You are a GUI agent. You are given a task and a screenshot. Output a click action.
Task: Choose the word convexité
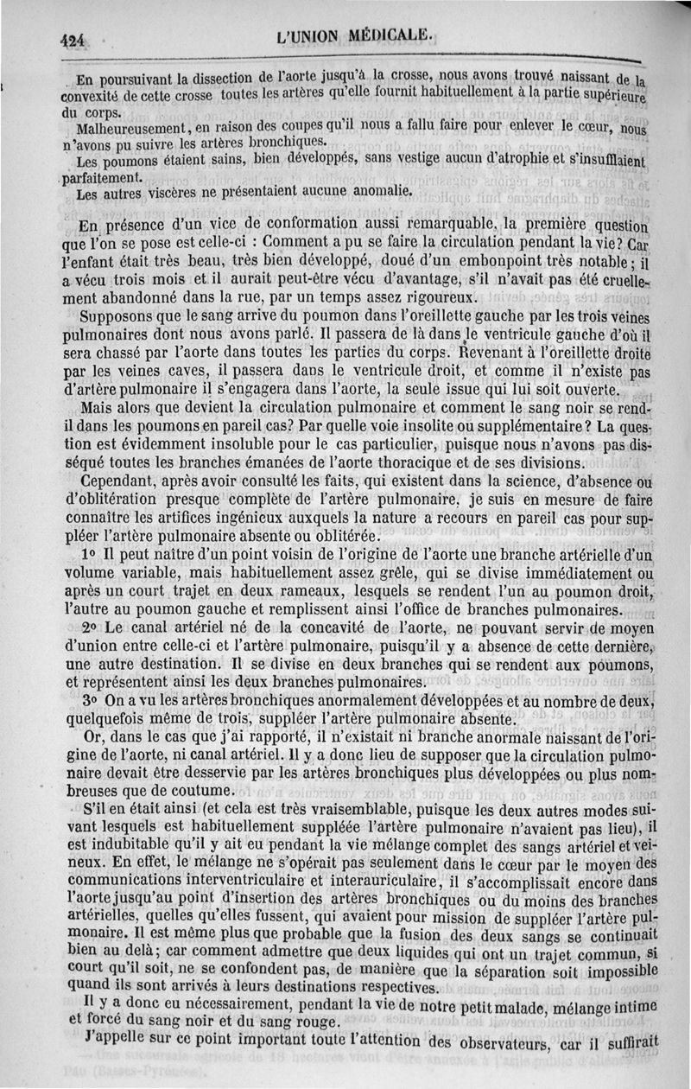(102, 94)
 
